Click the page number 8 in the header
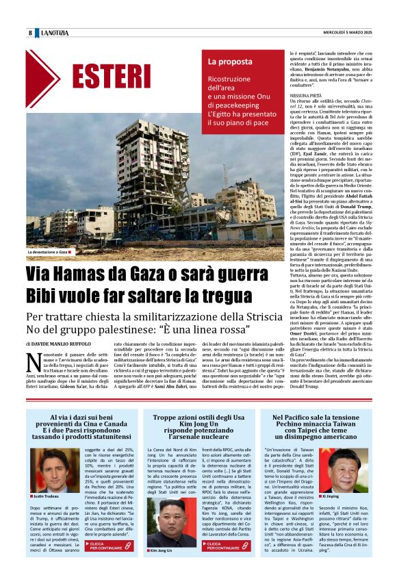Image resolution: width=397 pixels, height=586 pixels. (x=30, y=33)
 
